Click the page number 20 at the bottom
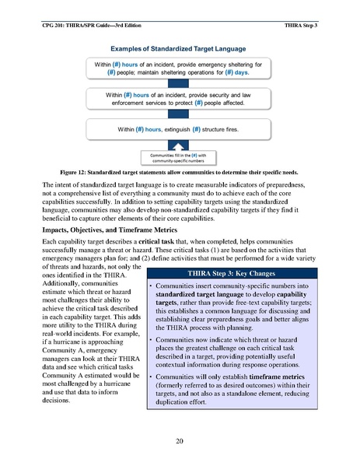pyautogui.click(x=180, y=441)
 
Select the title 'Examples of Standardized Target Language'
pyautogui.click(x=180, y=48)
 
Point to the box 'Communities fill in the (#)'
pyautogui.click(x=179, y=158)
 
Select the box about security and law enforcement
pyautogui.click(x=179, y=97)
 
